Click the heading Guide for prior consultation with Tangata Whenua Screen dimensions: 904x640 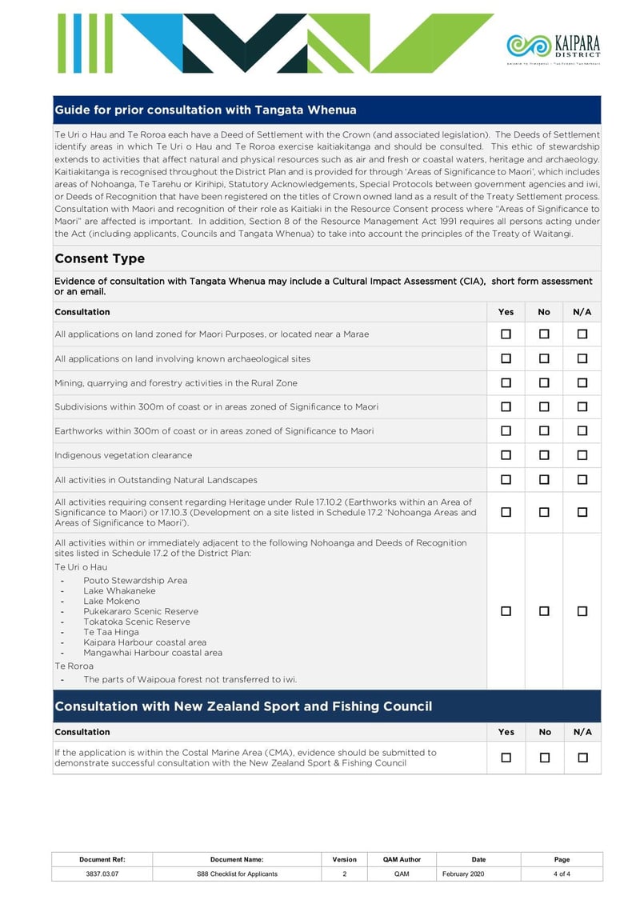[206, 110]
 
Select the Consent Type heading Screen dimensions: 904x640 [100, 258]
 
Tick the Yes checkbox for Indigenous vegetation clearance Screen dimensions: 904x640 [506, 455]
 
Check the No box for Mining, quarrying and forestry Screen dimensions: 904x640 [544, 382]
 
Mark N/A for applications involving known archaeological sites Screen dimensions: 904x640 [582, 358]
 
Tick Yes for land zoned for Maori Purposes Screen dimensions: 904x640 [506, 334]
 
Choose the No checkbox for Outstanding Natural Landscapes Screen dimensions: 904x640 [544, 480]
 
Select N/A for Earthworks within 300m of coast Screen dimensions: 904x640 [582, 431]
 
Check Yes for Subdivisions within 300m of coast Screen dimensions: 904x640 [506, 406]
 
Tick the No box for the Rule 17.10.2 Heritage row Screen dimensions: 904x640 [544, 512]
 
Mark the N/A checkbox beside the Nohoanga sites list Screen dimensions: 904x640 [582, 611]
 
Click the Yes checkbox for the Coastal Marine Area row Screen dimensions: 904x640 [506, 758]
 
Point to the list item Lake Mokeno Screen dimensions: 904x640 [111, 601]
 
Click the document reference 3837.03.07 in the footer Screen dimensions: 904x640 [102, 874]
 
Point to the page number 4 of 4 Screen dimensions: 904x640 [562, 874]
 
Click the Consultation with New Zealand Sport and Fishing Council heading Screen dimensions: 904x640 [243, 706]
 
